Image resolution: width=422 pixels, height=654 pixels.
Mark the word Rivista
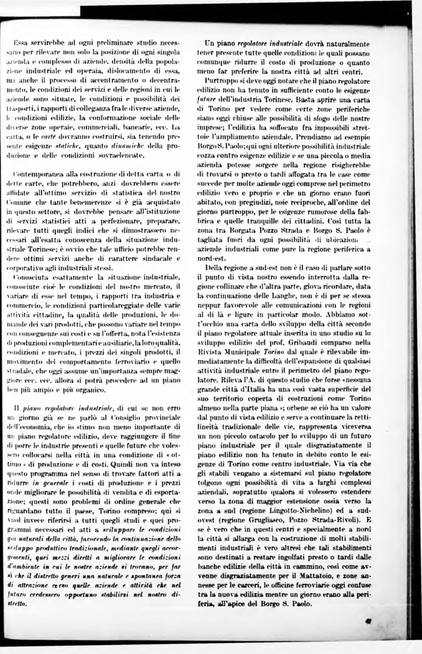[208, 351]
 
